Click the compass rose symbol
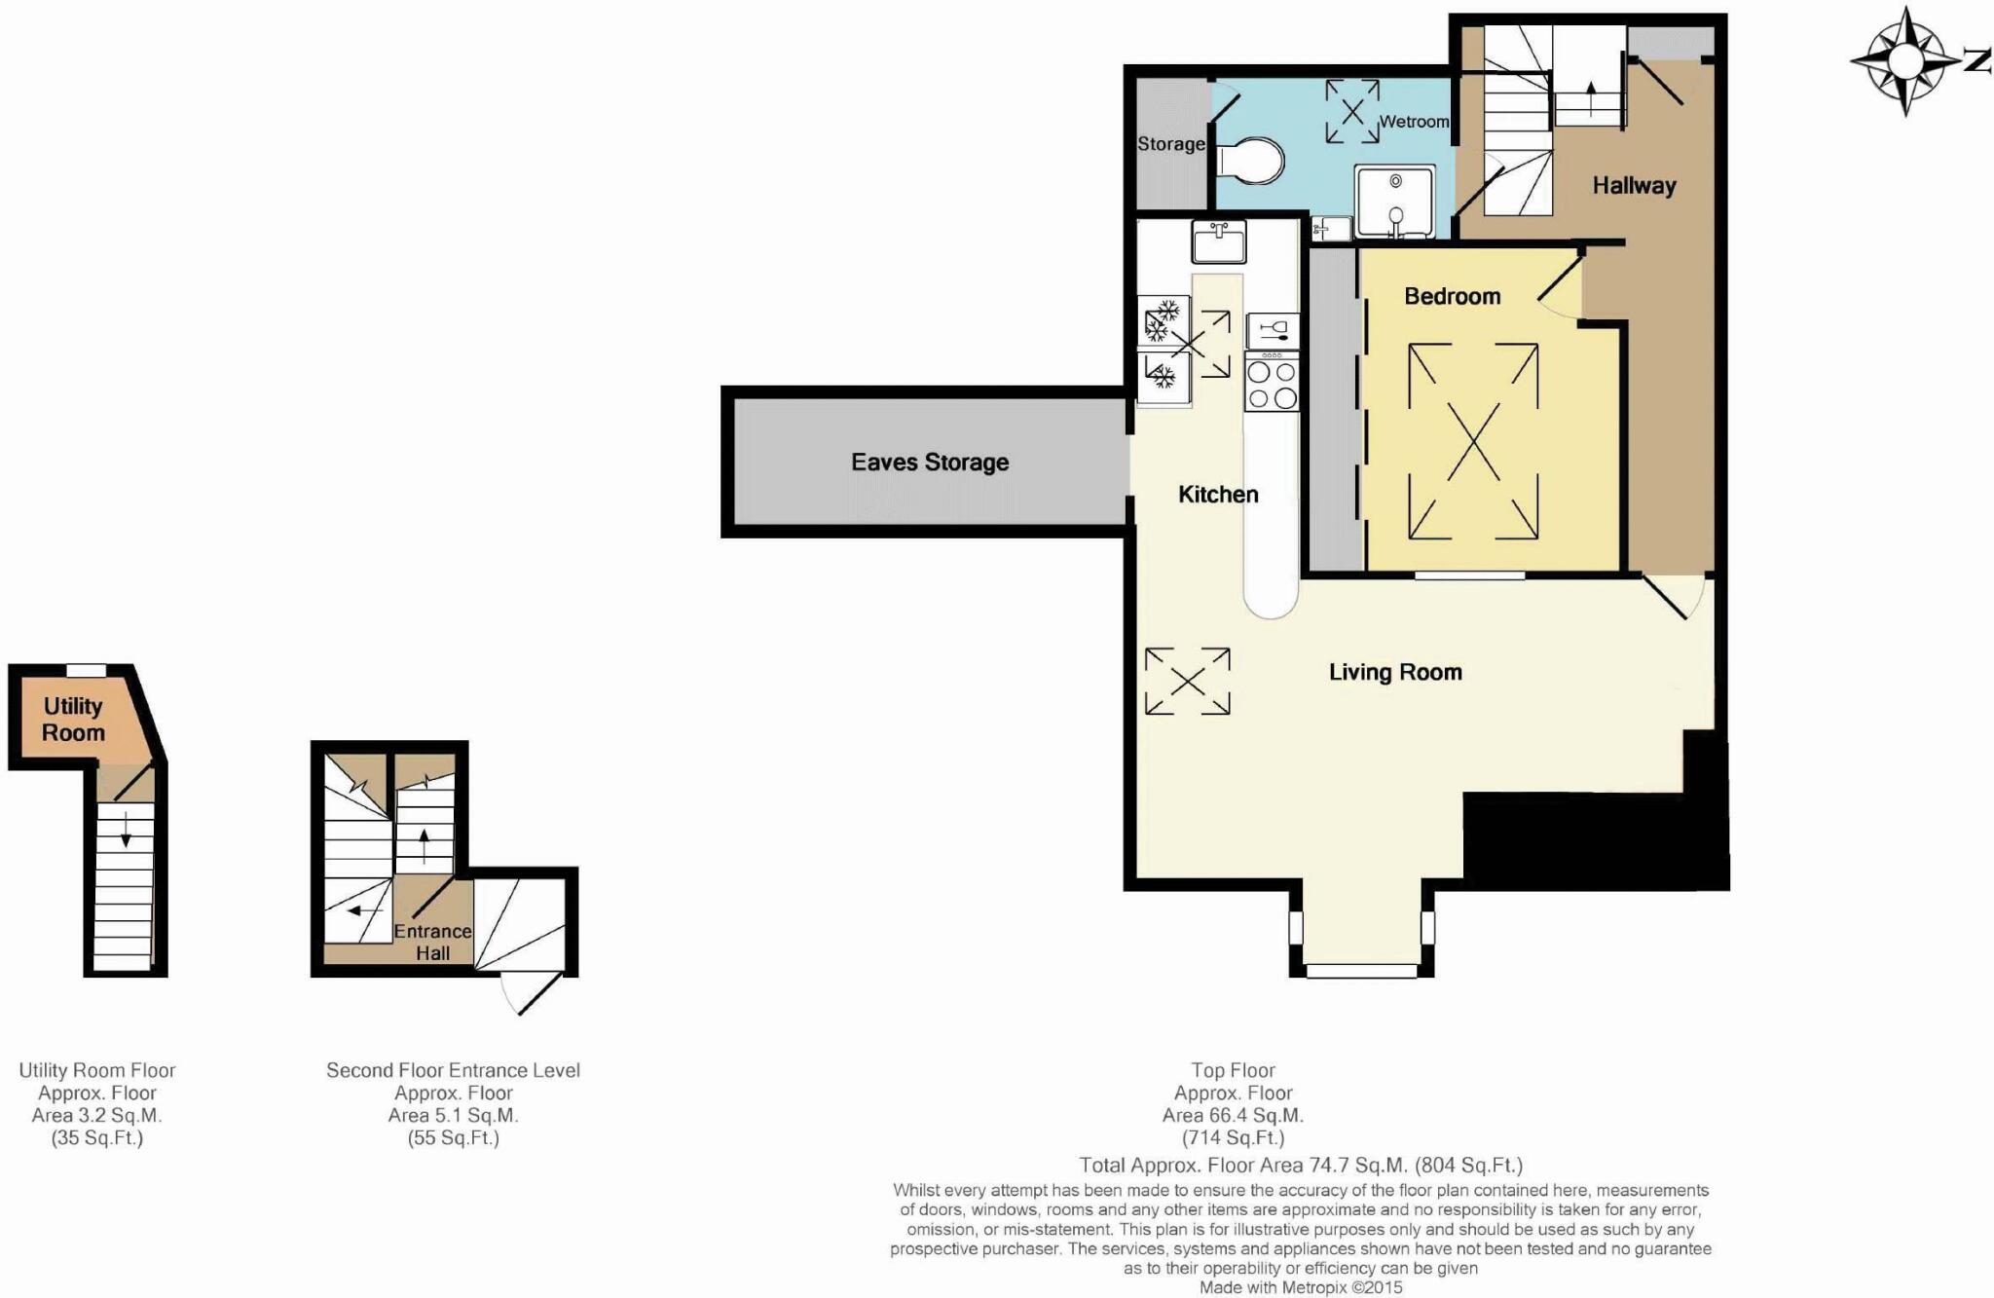tap(1906, 61)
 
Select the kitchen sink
tap(1218, 241)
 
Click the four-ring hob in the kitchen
tap(1272, 384)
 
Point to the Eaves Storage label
tap(929, 463)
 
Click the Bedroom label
tap(1452, 296)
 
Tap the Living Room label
tap(1394, 672)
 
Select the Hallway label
tap(1633, 185)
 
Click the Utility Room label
tap(73, 720)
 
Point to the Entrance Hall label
tap(432, 942)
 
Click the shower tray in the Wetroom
tap(1394, 202)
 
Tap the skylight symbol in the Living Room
tap(1187, 682)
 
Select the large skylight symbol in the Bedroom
tap(1473, 441)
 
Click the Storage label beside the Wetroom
tap(1170, 144)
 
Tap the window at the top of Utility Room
tap(86, 670)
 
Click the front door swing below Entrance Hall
tap(530, 991)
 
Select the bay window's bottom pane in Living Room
tap(1361, 971)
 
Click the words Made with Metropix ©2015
tap(1300, 1287)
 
